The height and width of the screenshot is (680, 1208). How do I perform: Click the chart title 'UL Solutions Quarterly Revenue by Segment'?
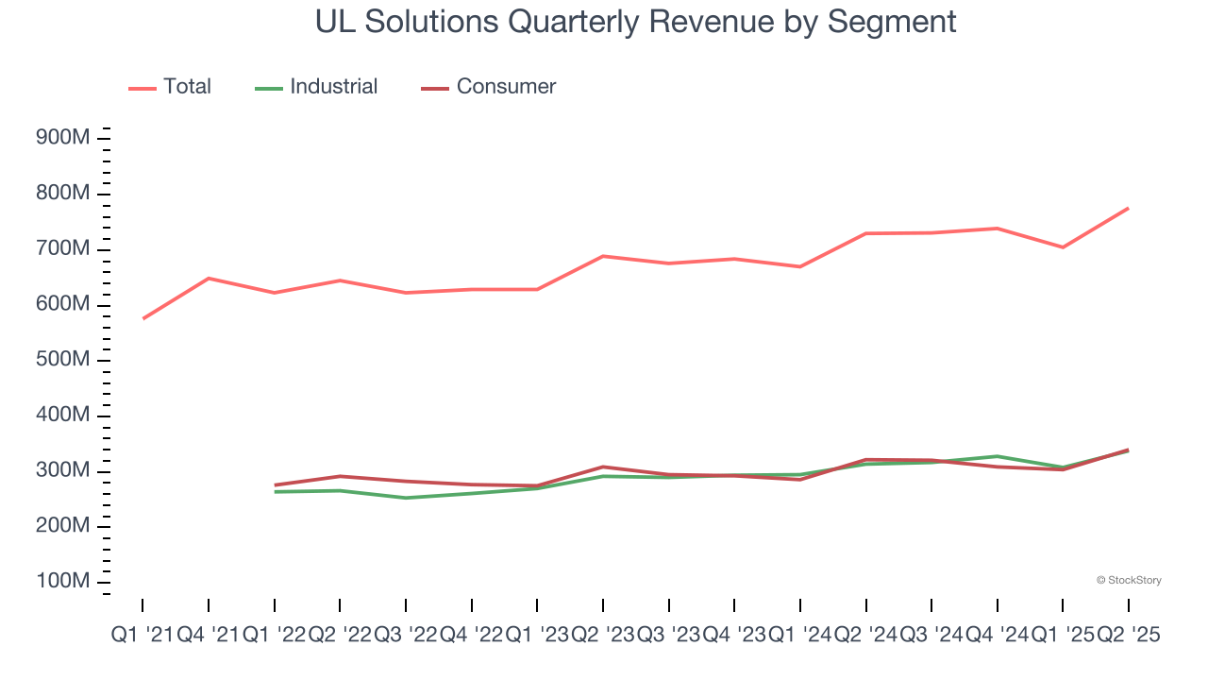click(636, 22)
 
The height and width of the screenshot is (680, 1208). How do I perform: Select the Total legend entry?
click(170, 87)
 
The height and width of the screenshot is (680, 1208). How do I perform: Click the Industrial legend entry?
click(316, 87)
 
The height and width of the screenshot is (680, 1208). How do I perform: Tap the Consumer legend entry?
click(488, 87)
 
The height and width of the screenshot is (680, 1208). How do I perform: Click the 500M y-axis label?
click(62, 361)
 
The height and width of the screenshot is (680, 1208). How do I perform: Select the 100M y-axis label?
click(62, 582)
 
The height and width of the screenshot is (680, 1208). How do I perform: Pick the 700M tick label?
click(62, 249)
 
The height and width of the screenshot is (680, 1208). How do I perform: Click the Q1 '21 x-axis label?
click(143, 636)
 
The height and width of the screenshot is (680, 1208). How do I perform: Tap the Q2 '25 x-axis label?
click(1128, 636)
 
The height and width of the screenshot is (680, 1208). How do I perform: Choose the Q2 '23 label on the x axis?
click(602, 636)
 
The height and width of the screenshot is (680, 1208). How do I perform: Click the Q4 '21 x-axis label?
click(209, 636)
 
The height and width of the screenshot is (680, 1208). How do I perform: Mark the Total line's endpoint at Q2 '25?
click(1128, 209)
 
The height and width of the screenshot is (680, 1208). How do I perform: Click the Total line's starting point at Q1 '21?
click(143, 318)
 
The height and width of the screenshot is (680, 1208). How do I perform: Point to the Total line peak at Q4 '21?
click(209, 279)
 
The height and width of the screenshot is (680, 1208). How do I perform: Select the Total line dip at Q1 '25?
click(1063, 247)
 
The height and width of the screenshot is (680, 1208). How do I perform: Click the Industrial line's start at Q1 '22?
click(275, 492)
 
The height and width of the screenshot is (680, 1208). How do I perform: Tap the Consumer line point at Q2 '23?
click(603, 467)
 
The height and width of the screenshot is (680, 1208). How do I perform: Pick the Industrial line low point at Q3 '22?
click(406, 498)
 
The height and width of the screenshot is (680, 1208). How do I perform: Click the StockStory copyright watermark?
click(1129, 580)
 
